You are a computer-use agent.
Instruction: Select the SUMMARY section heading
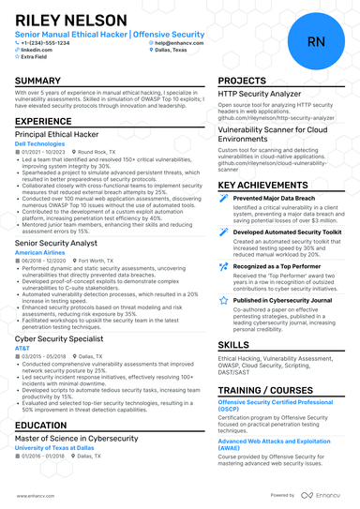(x=38, y=82)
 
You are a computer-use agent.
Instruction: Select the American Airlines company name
(x=40, y=252)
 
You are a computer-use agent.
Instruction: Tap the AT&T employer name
(x=22, y=348)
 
